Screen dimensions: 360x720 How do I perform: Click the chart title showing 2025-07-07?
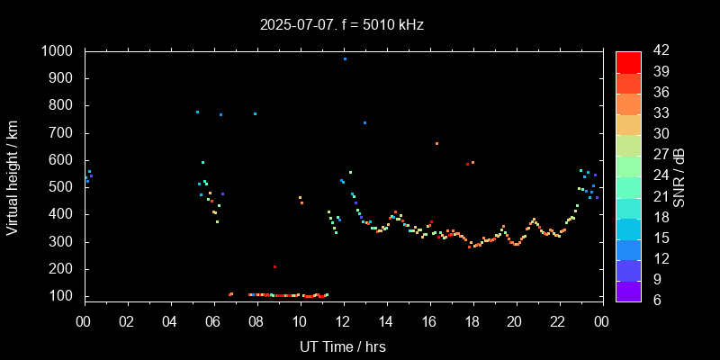pos(342,24)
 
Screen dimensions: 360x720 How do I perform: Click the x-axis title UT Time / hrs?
pos(342,346)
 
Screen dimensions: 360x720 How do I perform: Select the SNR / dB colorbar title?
pos(680,175)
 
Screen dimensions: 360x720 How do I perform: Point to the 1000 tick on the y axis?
pos(59,51)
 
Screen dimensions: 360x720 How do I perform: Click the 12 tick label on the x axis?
pos(343,320)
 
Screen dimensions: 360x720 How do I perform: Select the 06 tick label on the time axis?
pos(213,320)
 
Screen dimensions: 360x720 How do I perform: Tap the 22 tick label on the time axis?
pos(558,320)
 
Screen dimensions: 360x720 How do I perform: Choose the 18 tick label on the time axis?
pos(472,320)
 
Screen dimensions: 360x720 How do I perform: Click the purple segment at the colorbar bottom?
pos(628,291)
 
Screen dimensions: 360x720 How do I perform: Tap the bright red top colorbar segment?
pos(628,61)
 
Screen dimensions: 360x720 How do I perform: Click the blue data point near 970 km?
pos(345,58)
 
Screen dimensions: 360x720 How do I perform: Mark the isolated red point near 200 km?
pos(274,266)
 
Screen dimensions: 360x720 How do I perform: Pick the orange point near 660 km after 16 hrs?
pos(436,143)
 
